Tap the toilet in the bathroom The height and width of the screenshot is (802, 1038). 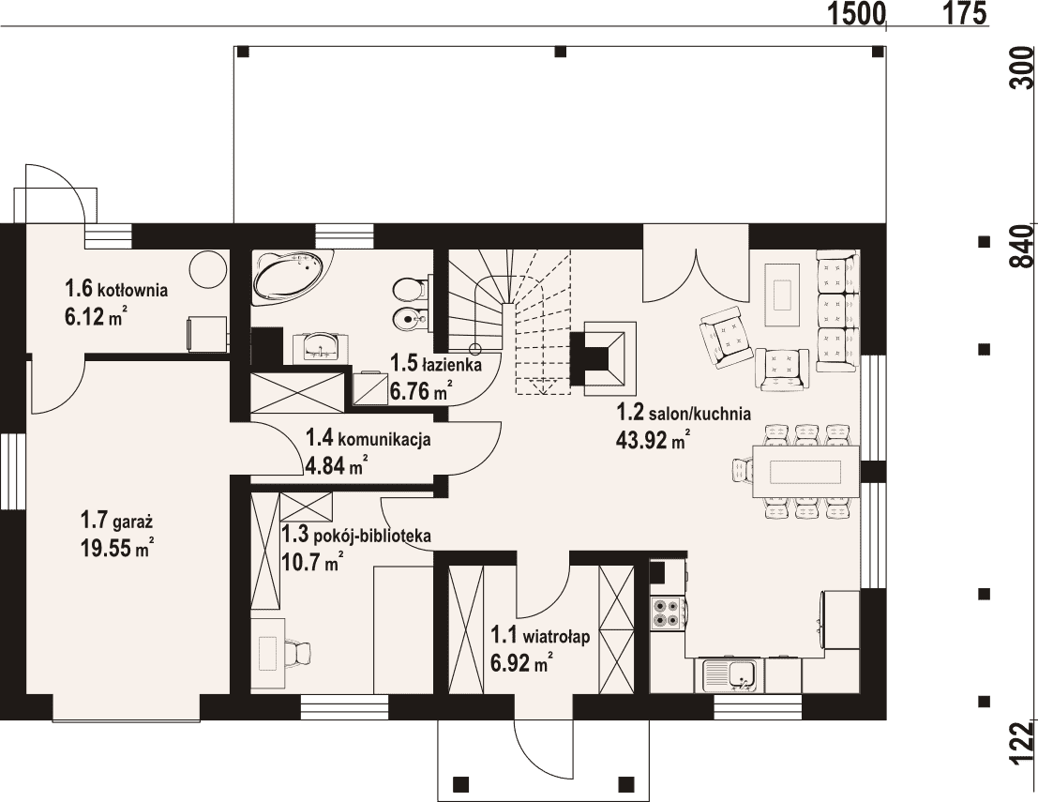point(410,290)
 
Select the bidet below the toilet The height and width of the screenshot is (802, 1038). point(410,321)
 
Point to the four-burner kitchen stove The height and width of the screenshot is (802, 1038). point(668,613)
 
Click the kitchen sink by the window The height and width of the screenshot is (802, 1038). point(733,675)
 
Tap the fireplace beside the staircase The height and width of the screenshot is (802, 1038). point(603,358)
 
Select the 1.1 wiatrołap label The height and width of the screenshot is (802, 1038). point(539,636)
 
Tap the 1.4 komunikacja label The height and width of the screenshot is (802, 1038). point(369,438)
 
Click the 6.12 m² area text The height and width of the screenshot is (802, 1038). point(96,318)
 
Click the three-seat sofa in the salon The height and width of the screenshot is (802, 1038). point(836,310)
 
